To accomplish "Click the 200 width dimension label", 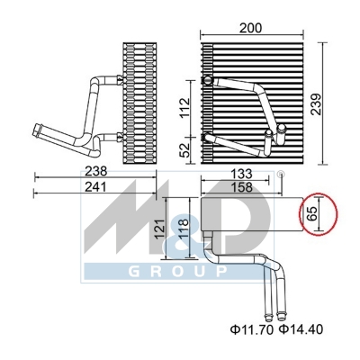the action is [250, 28].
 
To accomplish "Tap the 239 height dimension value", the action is [316, 104].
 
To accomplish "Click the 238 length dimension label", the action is [96, 171].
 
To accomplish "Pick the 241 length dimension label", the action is [95, 187].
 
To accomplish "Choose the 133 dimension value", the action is [242, 174].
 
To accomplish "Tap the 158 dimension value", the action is [242, 187].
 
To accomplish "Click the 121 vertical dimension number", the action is [160, 229].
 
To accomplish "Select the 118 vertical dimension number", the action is [184, 229].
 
